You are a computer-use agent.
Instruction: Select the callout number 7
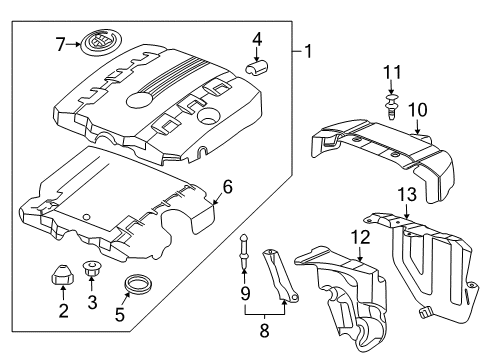coord(60,43)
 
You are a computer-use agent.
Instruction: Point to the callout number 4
coord(257,41)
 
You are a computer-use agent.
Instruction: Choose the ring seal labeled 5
coord(131,289)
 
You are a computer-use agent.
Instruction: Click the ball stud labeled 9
coord(242,271)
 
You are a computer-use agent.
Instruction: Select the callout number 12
coord(359,237)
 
